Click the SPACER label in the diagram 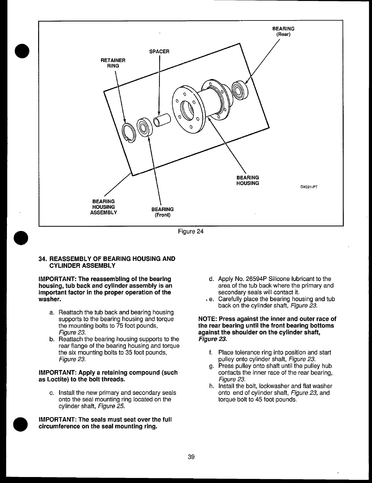tap(159, 51)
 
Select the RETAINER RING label tap(113, 63)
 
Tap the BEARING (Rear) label tap(283, 32)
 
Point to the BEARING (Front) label tap(162, 212)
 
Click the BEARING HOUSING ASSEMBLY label tap(103, 207)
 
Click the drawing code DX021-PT tap(308, 187)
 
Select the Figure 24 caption tap(191, 232)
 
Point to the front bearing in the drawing tap(144, 127)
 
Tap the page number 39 tap(191, 457)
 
